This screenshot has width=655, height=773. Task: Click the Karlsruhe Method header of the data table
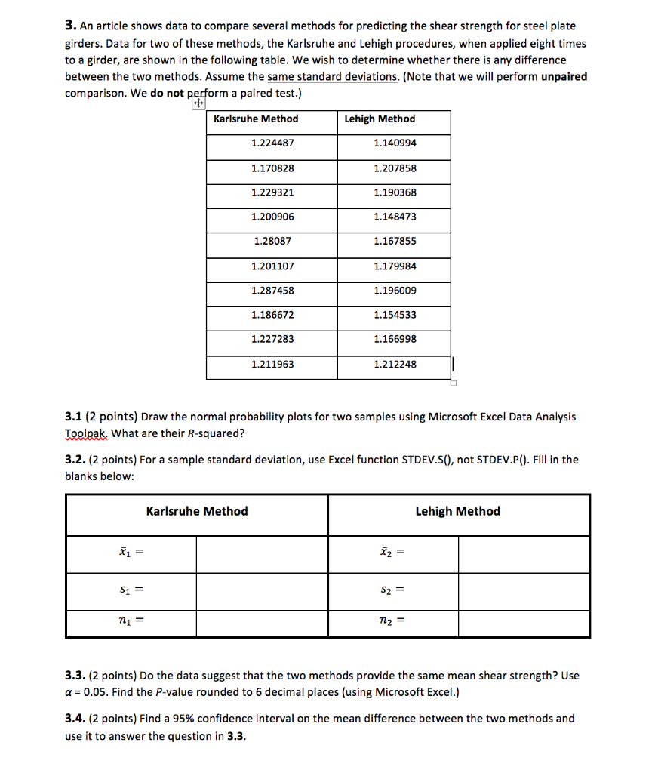click(x=256, y=119)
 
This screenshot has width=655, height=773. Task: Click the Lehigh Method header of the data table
click(x=380, y=119)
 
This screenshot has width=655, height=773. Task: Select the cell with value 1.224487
click(x=272, y=143)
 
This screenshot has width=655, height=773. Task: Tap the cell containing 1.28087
click(x=272, y=242)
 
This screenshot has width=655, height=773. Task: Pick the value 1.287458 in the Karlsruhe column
click(x=272, y=291)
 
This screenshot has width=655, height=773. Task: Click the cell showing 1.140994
click(x=395, y=143)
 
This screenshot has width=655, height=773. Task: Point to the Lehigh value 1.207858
click(x=395, y=168)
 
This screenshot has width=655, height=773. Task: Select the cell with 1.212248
click(x=395, y=365)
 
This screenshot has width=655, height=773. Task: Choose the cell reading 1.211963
click(x=272, y=365)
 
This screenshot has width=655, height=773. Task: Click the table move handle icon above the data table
click(x=198, y=105)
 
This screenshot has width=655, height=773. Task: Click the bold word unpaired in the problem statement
click(x=564, y=76)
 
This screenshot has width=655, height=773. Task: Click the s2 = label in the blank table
click(x=392, y=589)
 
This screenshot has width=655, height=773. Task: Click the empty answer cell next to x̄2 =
click(x=524, y=555)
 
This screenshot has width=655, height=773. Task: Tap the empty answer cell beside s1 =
click(x=262, y=589)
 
